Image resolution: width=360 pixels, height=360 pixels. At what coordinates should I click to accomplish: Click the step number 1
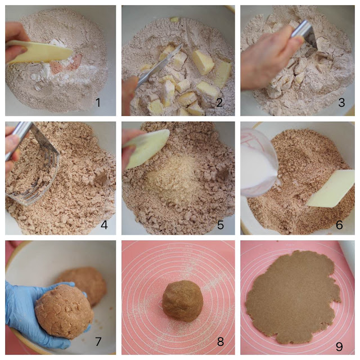point(98,102)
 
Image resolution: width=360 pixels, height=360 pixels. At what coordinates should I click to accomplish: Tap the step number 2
point(219,102)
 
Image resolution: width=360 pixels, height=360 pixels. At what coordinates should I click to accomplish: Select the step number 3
point(341,102)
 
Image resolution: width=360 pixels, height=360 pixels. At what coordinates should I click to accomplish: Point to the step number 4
point(104,225)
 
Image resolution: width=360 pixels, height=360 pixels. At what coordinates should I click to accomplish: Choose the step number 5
point(220,225)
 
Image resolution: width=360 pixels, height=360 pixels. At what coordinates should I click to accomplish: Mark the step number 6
point(339,225)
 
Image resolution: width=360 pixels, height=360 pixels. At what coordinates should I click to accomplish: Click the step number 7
point(98,341)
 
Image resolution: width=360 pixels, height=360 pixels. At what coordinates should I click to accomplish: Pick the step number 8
point(220,341)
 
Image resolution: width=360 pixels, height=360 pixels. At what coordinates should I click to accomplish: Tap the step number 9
point(339,346)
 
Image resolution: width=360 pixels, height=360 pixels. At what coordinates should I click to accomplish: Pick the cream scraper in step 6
point(331,188)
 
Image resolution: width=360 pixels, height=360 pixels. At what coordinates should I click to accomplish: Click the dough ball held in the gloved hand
point(64,311)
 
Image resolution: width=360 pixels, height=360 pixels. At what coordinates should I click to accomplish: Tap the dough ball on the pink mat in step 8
point(182,300)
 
